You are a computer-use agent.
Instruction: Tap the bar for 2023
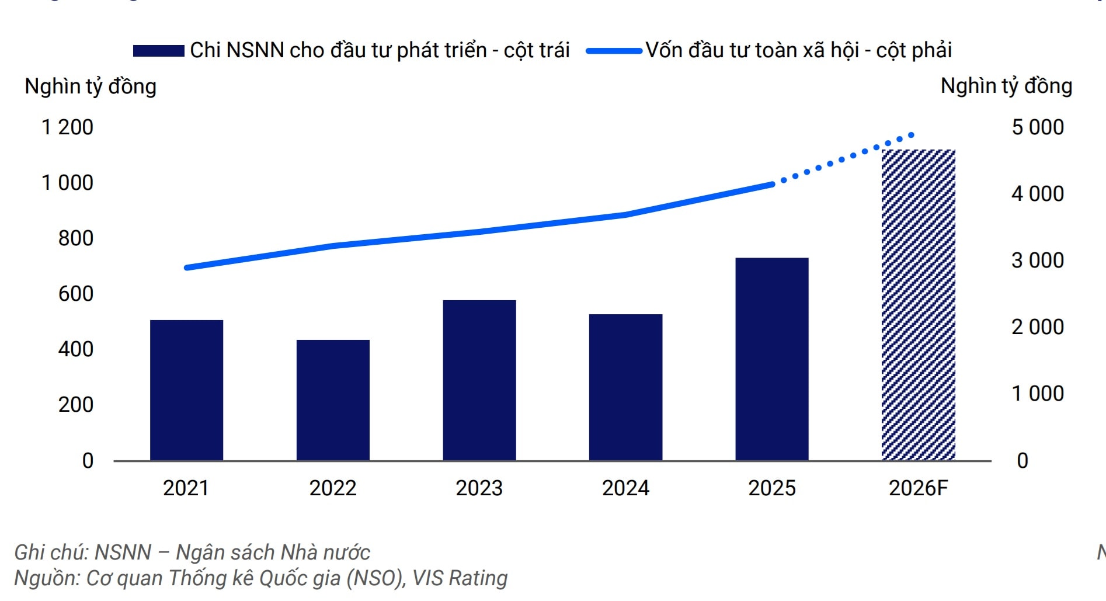coord(479,380)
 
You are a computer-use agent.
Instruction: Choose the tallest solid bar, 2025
coord(772,359)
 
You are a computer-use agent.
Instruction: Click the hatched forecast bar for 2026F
coord(919,305)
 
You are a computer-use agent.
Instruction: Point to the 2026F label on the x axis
coord(919,488)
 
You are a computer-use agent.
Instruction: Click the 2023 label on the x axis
coord(479,488)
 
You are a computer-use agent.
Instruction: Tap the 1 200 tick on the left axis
coord(67,127)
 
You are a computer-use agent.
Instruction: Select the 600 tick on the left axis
coord(75,294)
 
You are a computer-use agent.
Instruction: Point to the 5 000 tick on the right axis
coord(1038,127)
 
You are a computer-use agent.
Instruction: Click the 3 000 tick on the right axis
coord(1038,260)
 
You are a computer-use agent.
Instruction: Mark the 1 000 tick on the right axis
coord(1038,394)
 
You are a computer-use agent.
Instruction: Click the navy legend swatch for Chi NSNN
coord(159,51)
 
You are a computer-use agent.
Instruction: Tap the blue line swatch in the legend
coord(614,51)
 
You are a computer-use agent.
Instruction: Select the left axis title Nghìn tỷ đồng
coord(91,86)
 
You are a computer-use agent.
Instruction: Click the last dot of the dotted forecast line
coord(911,136)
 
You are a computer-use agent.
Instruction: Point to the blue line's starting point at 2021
coord(187,268)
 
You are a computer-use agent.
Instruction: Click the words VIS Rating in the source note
coord(460,578)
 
